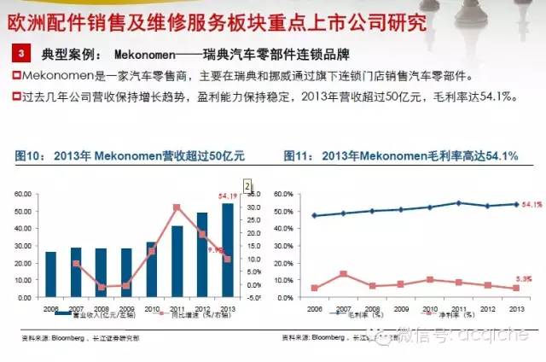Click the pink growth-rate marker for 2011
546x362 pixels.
[177, 207]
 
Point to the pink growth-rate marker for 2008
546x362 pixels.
[102, 287]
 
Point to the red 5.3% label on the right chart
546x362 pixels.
[526, 278]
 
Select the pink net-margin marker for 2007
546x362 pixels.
[343, 274]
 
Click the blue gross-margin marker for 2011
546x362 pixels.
[459, 203]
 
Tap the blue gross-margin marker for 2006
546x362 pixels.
[315, 215]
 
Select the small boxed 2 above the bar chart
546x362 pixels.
[247, 184]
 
